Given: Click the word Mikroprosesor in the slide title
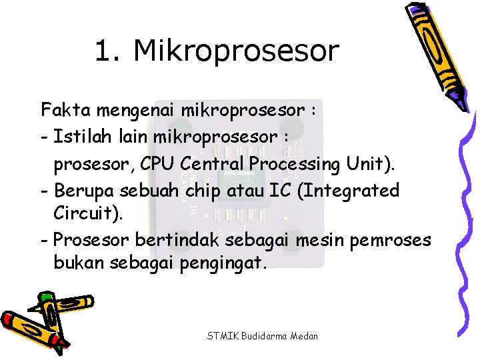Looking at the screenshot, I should (236, 51).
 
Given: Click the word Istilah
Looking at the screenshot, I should (79, 136).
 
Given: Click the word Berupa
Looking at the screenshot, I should (84, 191).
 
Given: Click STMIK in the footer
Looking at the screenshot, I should (221, 335).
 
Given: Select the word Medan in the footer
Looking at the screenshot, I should (303, 335).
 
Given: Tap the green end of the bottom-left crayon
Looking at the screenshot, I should (45, 297).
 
